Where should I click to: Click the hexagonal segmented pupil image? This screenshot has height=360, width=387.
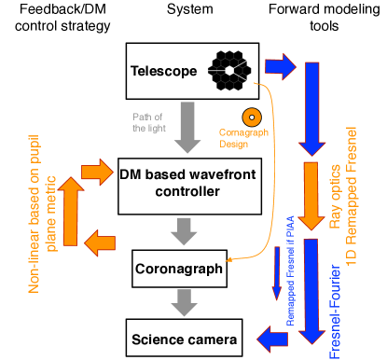pos(228,70)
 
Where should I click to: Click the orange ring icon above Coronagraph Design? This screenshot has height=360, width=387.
pos(251,118)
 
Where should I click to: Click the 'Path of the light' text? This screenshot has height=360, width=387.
pos(148,121)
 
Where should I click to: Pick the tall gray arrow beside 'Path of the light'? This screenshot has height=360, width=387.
pos(187,127)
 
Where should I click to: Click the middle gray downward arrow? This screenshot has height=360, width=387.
pos(185,230)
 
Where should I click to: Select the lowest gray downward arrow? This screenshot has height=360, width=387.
pos(185,302)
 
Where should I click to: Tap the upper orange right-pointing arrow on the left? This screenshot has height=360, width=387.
pos(97,173)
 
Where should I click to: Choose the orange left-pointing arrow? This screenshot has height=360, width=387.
pos(100,243)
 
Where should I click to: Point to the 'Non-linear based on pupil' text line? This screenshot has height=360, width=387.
pos(35,213)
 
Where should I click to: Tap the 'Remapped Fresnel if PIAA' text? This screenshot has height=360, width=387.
pos(290,270)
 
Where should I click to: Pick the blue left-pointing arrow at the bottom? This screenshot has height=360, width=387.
pos(272,339)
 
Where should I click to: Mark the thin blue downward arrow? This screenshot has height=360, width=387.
pos(277,274)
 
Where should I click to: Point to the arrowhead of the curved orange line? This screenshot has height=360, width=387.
pos(228,261)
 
